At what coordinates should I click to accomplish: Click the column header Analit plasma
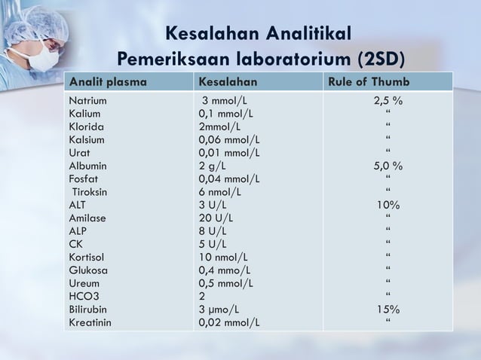click(107, 81)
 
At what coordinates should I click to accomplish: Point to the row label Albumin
click(87, 166)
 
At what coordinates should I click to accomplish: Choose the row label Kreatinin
click(90, 322)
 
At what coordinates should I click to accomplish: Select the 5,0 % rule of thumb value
click(388, 166)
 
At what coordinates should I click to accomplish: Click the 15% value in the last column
click(388, 309)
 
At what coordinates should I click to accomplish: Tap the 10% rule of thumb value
click(388, 205)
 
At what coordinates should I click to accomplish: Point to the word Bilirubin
click(87, 309)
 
